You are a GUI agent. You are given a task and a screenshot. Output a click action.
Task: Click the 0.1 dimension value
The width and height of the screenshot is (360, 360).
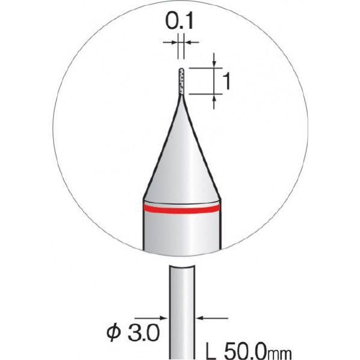pos(179,22)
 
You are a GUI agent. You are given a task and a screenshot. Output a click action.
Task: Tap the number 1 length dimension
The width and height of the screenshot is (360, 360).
pos(226,81)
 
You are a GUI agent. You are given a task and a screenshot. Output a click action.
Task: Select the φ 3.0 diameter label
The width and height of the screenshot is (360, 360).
pos(133,332)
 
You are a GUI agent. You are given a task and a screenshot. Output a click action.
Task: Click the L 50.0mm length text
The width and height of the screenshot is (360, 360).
pos(249,352)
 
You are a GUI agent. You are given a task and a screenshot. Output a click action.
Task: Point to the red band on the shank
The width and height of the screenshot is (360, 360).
pos(182,208)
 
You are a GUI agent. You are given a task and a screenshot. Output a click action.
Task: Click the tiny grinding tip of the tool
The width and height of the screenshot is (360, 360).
pos(181,81)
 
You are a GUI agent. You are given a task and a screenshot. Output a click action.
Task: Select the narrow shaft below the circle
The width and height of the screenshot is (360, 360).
pos(182,312)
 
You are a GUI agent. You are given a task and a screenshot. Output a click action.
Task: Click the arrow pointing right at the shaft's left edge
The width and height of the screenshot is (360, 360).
pos(151,318)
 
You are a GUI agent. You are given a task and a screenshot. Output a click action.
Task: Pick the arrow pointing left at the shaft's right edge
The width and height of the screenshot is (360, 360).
pos(212,318)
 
